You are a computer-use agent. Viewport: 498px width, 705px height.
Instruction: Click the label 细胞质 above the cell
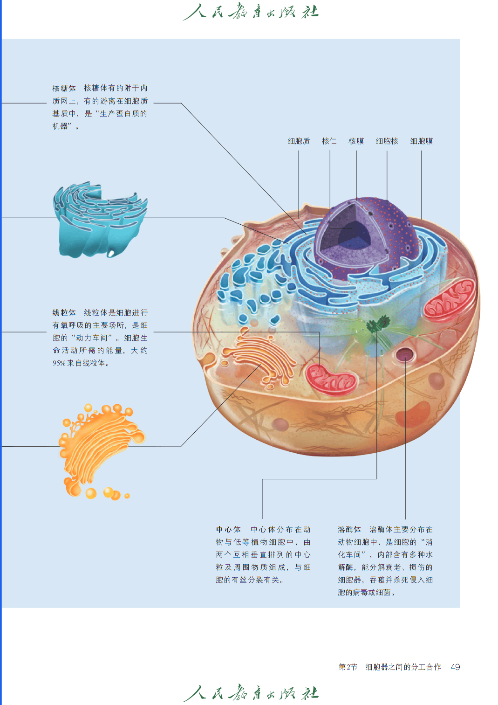click(299, 141)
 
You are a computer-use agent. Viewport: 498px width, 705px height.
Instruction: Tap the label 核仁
click(329, 141)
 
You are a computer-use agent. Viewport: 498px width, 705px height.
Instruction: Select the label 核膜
click(356, 141)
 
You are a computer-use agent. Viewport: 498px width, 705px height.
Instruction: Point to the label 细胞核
click(387, 141)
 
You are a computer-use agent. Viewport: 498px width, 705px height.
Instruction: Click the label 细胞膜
click(421, 141)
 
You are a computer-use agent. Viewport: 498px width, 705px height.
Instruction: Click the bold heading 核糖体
click(64, 88)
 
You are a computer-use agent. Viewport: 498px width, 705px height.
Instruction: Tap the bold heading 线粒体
click(64, 312)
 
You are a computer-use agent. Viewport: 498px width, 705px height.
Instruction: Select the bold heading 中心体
click(228, 529)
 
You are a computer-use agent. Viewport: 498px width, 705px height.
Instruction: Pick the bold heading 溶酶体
click(349, 529)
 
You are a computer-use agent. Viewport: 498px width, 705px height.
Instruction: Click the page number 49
click(455, 667)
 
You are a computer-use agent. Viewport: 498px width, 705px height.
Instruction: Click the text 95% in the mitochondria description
click(59, 363)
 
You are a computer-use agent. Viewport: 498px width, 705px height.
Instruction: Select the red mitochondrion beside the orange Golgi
click(331, 379)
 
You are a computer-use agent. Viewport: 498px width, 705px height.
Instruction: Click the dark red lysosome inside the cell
click(405, 354)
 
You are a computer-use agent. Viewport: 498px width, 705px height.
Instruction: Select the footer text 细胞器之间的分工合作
click(403, 667)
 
